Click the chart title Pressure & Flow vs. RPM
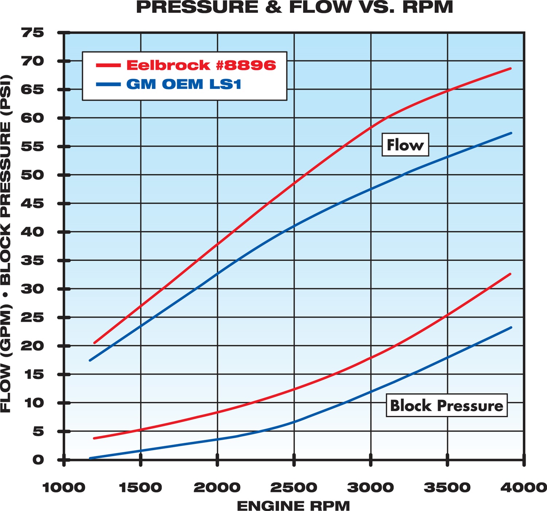(295, 7)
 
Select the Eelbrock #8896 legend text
(201, 65)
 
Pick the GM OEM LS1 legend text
(184, 84)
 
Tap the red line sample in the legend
(108, 66)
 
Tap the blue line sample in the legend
(108, 85)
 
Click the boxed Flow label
(405, 145)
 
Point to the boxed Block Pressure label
(446, 405)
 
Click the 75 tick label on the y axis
(32, 33)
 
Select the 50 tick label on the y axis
(32, 175)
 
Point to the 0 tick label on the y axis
(38, 460)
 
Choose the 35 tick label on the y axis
(32, 261)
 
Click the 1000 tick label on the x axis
(64, 487)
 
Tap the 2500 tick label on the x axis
(294, 487)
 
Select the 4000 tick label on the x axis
(524, 487)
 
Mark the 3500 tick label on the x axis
(447, 487)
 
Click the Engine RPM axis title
(294, 506)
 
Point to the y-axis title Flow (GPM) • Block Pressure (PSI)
(6, 243)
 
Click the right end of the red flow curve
(510, 69)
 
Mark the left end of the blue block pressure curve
(90, 458)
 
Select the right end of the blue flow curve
(511, 133)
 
